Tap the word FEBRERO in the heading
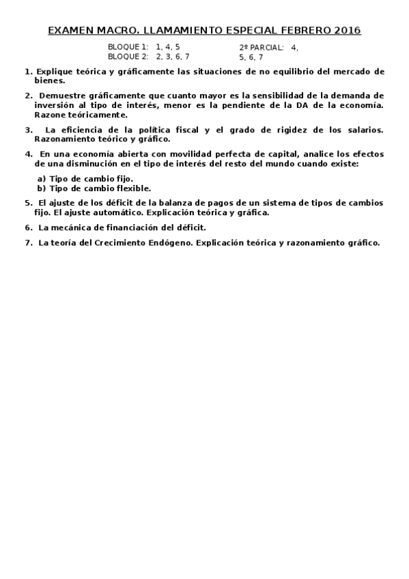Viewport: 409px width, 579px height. [x=305, y=31]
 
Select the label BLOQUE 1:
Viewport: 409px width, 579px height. [x=128, y=47]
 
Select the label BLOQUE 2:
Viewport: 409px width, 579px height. [x=128, y=57]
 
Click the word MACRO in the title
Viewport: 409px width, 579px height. [x=112, y=31]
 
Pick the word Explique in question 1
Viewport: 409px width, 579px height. [x=53, y=71]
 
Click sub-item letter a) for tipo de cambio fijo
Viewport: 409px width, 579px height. [x=42, y=179]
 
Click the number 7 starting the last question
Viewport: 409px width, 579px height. [x=27, y=242]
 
